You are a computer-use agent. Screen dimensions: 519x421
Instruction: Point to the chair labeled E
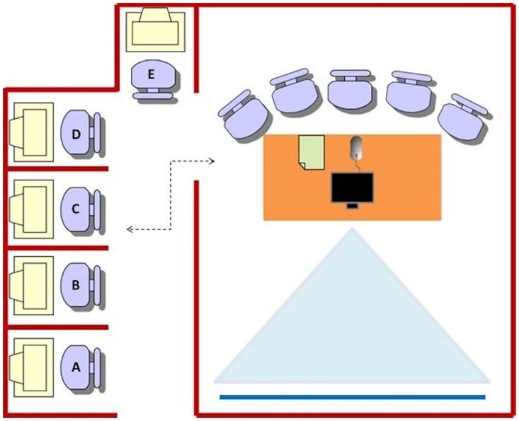(x=152, y=79)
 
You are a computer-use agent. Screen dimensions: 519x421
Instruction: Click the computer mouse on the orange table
(x=356, y=148)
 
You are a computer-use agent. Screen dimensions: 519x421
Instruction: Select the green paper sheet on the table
(x=312, y=152)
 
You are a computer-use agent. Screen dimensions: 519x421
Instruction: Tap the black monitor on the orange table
(x=352, y=188)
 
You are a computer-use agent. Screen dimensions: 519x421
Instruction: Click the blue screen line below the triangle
(x=353, y=397)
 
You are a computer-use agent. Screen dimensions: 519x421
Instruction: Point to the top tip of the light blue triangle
(x=352, y=228)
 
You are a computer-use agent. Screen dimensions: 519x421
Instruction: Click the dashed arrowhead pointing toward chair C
(x=130, y=229)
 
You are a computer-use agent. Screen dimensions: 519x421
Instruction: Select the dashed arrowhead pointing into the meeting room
(x=212, y=161)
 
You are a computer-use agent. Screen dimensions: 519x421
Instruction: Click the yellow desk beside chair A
(x=33, y=367)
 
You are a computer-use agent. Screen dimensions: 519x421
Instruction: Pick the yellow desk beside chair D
(x=33, y=132)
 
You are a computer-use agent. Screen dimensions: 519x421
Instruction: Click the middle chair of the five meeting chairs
(x=350, y=89)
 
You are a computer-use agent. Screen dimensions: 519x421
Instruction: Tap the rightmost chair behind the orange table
(x=464, y=117)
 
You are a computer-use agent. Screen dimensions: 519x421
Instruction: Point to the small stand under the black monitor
(x=352, y=206)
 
